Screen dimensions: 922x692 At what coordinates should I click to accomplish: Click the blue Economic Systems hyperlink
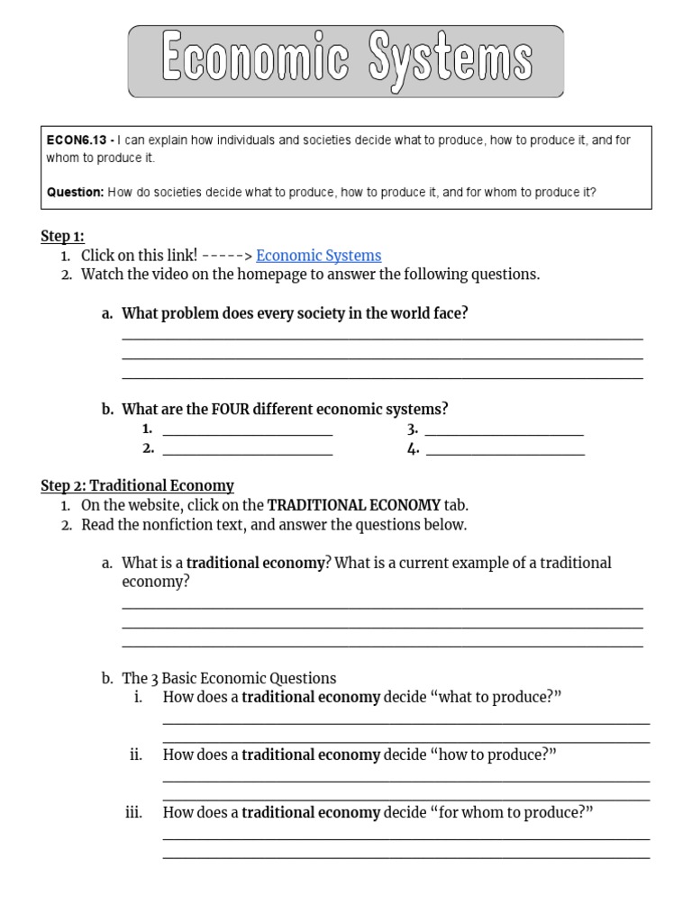tap(318, 256)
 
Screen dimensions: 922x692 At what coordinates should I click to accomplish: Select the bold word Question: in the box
tap(76, 192)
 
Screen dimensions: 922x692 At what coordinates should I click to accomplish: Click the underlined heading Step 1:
tap(62, 236)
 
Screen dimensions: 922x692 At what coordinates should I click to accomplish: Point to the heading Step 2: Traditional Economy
tap(137, 485)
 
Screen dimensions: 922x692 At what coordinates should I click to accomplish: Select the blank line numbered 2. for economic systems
tap(248, 451)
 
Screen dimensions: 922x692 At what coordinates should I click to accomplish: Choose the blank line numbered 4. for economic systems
tap(505, 451)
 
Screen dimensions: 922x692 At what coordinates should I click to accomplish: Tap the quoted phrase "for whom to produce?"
tap(512, 813)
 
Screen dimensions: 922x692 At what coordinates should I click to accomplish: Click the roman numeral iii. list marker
tap(134, 813)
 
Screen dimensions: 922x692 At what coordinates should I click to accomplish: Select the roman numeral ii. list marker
tap(136, 755)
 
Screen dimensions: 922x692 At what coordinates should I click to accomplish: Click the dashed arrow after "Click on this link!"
tap(226, 256)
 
